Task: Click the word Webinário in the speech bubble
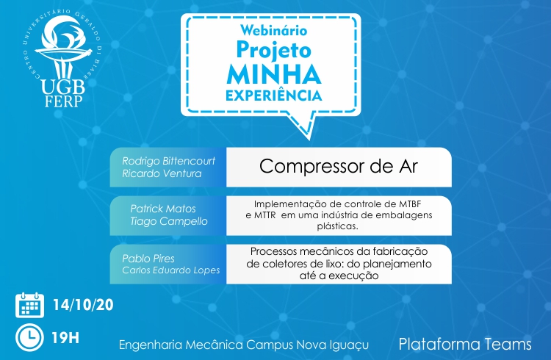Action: point(274,30)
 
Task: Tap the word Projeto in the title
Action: point(274,50)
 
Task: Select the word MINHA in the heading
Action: point(274,74)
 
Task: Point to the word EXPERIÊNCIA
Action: point(274,96)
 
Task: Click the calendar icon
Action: point(30,305)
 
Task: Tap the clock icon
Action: point(30,337)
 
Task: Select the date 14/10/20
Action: point(83,305)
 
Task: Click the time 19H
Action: point(65,338)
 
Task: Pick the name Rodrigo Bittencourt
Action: point(169,161)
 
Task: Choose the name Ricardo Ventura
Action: point(162,173)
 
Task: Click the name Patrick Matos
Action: point(163,209)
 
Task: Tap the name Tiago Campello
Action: point(169,221)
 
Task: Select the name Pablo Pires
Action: point(148,259)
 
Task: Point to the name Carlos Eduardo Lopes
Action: point(171,270)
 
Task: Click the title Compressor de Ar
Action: point(339,166)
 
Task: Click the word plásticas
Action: point(337,226)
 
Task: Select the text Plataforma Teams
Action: point(465,344)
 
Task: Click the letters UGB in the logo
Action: point(63,87)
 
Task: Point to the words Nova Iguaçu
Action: point(333,345)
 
